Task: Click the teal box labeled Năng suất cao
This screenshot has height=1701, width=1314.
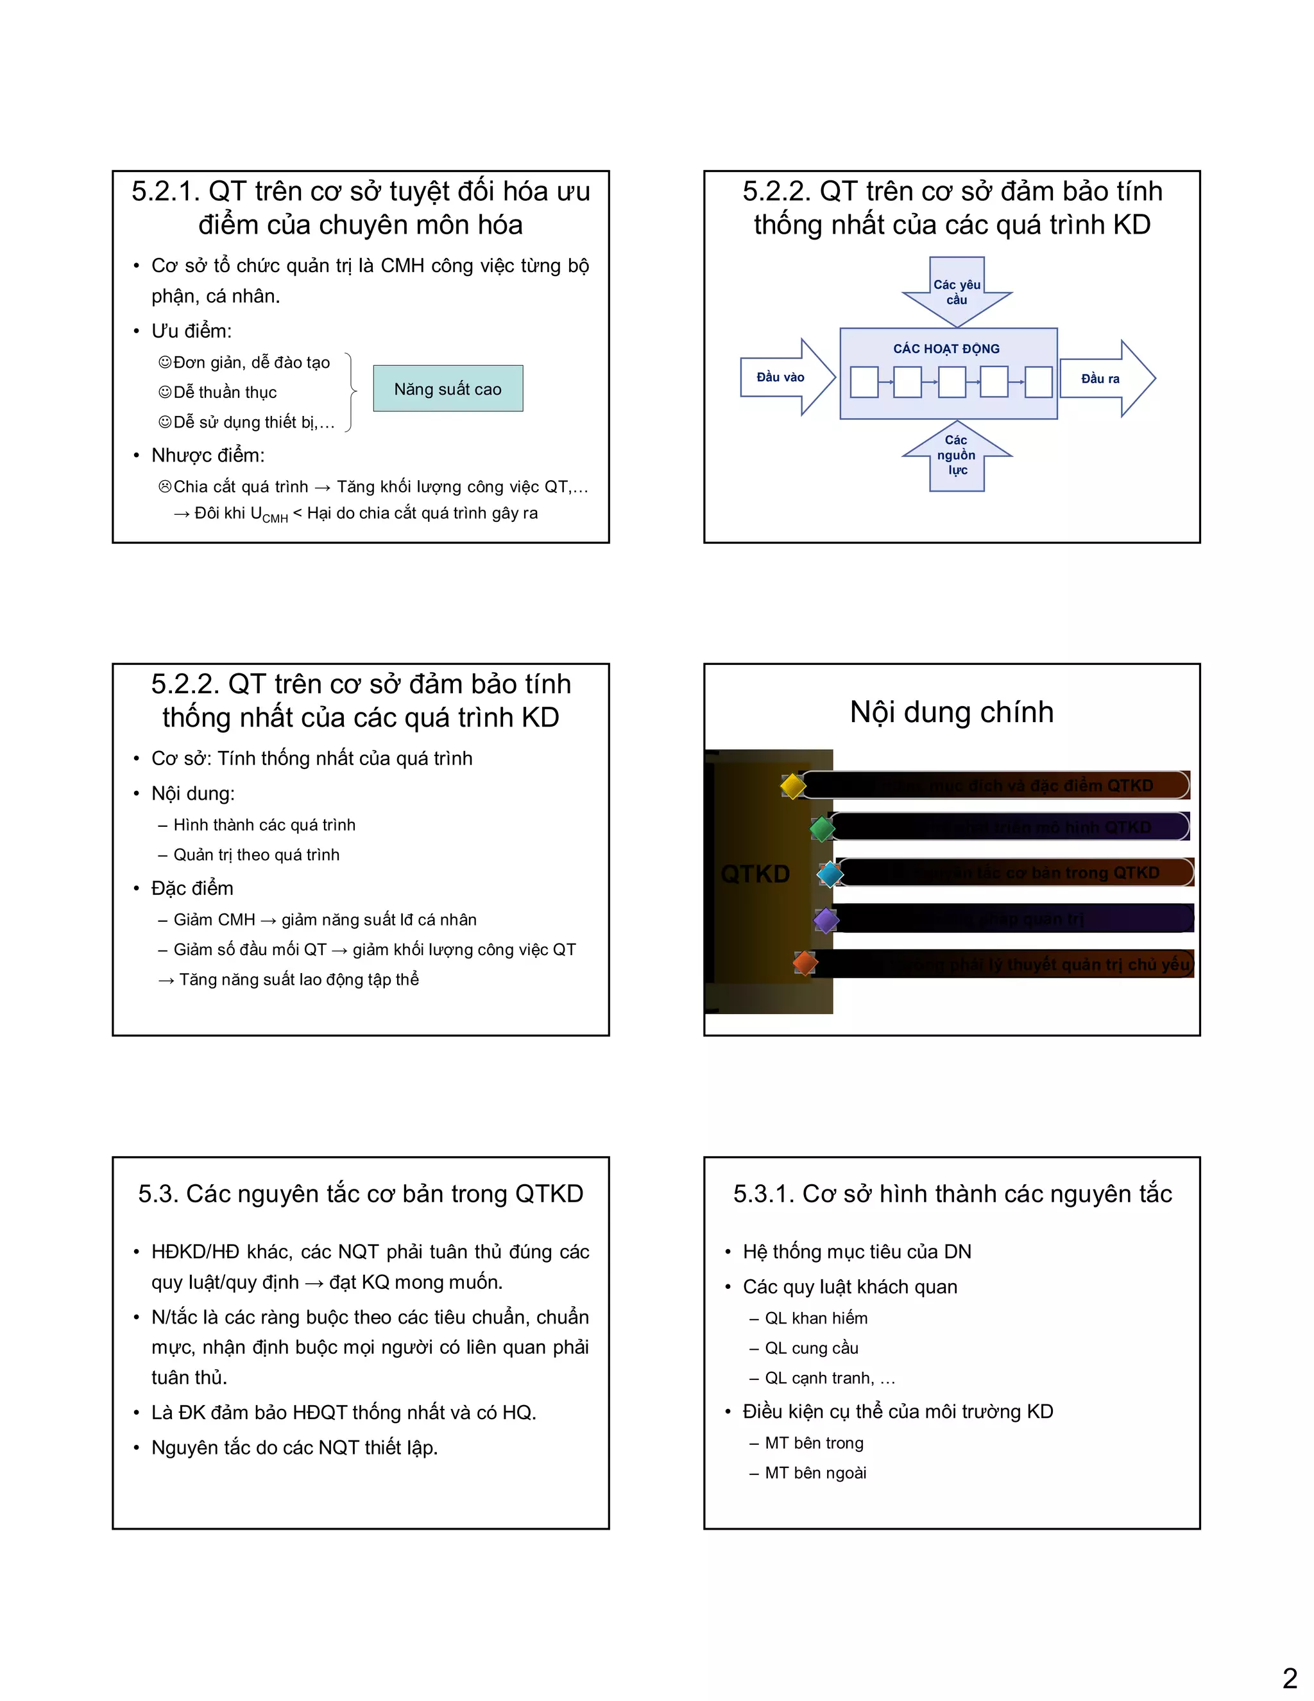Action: click(448, 388)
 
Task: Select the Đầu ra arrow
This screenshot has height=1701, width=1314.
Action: click(1105, 379)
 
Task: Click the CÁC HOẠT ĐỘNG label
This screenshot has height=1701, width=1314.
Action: click(946, 349)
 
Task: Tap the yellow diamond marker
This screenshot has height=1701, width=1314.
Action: click(793, 786)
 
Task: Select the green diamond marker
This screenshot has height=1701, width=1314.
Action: click(822, 829)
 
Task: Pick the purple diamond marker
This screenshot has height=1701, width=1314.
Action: click(826, 920)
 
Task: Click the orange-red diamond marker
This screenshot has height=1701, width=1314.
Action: click(805, 963)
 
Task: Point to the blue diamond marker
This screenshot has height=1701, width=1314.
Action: click(830, 874)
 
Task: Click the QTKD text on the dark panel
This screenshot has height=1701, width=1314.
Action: click(755, 874)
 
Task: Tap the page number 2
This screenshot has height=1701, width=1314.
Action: click(1290, 1677)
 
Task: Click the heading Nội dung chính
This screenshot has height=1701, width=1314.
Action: click(951, 712)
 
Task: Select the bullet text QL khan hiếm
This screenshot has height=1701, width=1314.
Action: click(816, 1318)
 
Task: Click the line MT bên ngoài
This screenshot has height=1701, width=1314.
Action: click(815, 1472)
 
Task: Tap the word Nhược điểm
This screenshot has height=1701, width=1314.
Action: click(208, 455)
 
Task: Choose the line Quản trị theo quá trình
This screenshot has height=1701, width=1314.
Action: click(256, 854)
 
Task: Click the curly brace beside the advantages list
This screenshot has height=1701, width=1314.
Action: click(351, 392)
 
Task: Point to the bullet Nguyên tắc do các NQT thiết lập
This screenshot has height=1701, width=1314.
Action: click(294, 1447)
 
